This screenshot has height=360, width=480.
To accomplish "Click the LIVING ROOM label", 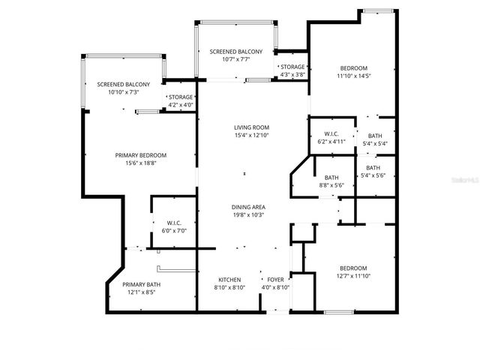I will point(251,127).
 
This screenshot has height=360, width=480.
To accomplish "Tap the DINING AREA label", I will point(248,207).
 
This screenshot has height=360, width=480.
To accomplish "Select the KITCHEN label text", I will point(229,279).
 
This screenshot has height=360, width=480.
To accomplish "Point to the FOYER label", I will point(275,279).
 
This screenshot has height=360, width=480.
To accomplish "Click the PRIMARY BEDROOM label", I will point(140,155).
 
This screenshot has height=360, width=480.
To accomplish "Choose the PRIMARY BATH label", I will point(142,284).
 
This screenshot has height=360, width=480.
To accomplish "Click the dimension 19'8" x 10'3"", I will point(248,215).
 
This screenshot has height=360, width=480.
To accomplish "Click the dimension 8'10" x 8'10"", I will point(229,287).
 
